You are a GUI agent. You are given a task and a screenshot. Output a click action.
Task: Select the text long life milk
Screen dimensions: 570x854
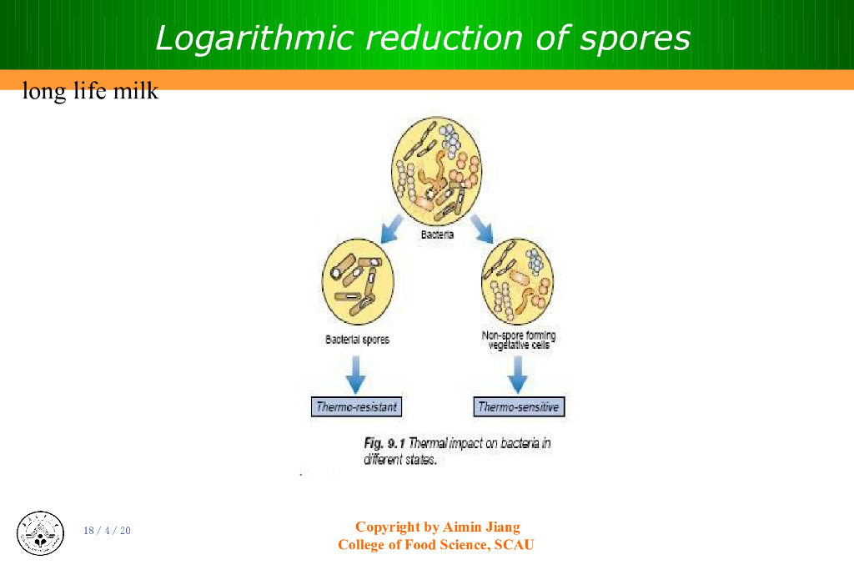tap(90, 90)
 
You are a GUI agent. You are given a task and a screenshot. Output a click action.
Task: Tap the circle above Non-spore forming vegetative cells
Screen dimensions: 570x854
tap(517, 282)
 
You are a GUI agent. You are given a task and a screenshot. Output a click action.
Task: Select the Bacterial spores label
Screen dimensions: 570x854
tap(357, 340)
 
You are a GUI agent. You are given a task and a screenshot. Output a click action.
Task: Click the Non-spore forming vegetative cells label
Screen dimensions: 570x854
tap(519, 340)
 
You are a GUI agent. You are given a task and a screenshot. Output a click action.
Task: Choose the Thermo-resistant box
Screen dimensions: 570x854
tap(356, 407)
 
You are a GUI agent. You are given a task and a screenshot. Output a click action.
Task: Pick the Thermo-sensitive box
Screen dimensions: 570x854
tap(518, 407)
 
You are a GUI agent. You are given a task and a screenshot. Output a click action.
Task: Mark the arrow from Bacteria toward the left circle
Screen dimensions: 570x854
tap(390, 227)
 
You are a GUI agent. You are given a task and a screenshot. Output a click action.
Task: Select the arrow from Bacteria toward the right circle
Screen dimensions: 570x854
tap(482, 227)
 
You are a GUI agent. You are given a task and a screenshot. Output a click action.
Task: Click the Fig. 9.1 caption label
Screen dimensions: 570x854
tap(384, 443)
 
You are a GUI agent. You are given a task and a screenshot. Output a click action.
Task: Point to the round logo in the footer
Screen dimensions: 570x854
tap(40, 532)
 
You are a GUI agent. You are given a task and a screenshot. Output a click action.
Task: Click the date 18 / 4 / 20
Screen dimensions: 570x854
tap(107, 531)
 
